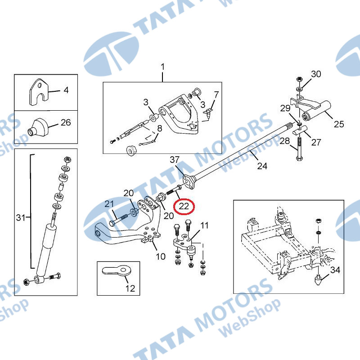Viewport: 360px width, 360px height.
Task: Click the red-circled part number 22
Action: point(184,207)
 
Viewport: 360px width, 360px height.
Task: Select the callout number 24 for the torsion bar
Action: point(262,166)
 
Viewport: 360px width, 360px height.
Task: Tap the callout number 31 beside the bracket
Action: point(21,217)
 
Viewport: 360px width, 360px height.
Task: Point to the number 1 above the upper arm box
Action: point(162,67)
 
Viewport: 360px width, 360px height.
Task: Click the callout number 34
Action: point(335,270)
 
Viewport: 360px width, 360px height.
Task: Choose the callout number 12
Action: point(130,288)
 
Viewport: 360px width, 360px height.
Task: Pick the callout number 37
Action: point(175,160)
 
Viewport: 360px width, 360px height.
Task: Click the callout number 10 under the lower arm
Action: point(161,256)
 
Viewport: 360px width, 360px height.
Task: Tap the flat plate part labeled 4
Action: point(39,92)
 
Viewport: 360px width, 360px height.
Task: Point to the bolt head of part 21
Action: point(112,223)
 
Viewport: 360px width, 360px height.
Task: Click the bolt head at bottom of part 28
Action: point(299,158)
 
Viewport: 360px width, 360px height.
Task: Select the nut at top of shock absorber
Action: point(67,159)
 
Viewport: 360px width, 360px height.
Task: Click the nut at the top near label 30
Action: point(299,79)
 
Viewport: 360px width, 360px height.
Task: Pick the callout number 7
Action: point(216,94)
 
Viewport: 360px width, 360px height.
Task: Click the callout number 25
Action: point(339,124)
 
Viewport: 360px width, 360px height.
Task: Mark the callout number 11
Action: point(204,225)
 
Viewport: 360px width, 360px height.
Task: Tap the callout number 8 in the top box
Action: point(160,128)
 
